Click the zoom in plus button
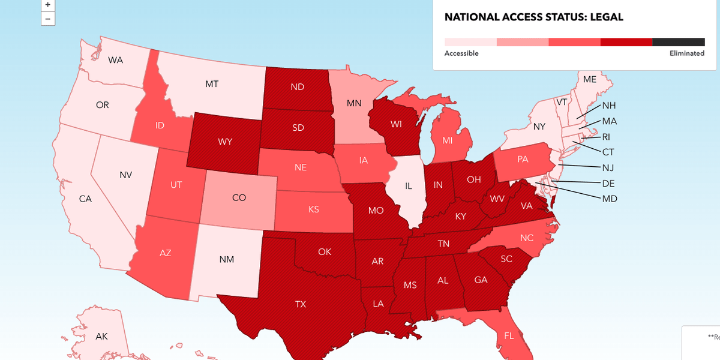tap(47, 4)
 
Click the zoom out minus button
tap(47, 19)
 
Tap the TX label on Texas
tap(301, 304)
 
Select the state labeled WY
tap(225, 142)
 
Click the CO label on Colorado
tap(239, 197)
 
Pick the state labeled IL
tap(408, 186)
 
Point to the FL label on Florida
tap(509, 335)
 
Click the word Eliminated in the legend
tap(686, 53)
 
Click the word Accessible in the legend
tap(461, 53)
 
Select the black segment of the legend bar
tap(678, 42)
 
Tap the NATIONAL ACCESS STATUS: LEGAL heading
tap(533, 17)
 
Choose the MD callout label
tap(609, 199)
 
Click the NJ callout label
tap(608, 167)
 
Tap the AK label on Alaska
tap(102, 336)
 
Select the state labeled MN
tap(354, 103)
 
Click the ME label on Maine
tap(590, 79)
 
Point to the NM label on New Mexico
tap(227, 259)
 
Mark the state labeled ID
tap(160, 125)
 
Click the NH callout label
tap(609, 106)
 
